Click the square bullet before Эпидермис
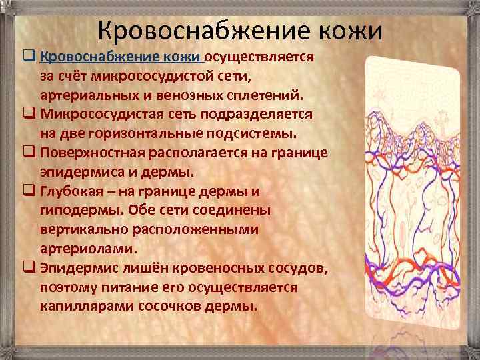tap(28, 269)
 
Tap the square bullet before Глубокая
tap(28, 191)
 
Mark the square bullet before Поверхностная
tap(28, 153)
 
